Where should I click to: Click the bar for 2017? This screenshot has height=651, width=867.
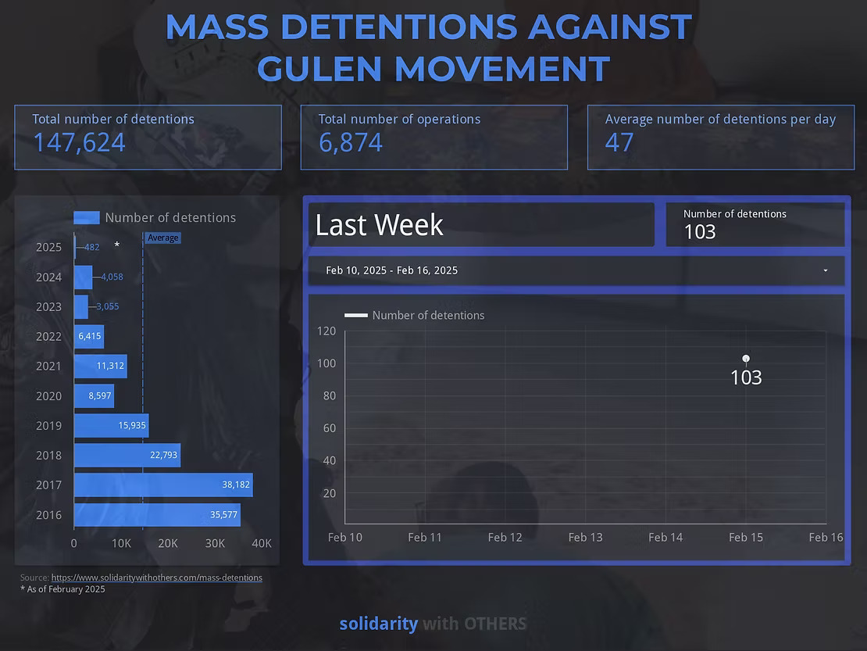(x=163, y=485)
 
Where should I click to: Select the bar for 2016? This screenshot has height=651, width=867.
(x=157, y=514)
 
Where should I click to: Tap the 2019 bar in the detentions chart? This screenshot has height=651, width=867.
(x=111, y=425)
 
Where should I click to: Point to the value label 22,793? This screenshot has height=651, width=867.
(x=163, y=455)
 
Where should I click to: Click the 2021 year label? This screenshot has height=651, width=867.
(x=48, y=366)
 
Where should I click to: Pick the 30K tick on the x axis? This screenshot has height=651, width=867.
(x=215, y=543)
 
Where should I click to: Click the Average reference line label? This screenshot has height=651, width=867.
(x=163, y=238)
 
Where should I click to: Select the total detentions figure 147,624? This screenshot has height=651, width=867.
(x=79, y=142)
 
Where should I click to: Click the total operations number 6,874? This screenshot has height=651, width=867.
(x=351, y=142)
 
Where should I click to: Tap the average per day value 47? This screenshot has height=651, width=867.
(x=619, y=142)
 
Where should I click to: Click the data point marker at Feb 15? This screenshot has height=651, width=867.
(x=746, y=359)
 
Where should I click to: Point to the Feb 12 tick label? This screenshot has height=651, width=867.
(x=505, y=537)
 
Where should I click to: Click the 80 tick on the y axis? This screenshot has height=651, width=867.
(x=327, y=395)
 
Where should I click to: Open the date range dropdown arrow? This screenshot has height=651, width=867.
(x=826, y=270)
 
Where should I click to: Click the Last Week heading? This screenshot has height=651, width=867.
(x=380, y=225)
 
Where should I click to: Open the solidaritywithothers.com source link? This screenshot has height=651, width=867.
(x=156, y=578)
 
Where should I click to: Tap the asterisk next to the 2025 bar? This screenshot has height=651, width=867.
(x=117, y=246)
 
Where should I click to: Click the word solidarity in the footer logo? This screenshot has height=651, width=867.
(x=378, y=624)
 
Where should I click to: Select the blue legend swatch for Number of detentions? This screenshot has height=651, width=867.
(x=87, y=218)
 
